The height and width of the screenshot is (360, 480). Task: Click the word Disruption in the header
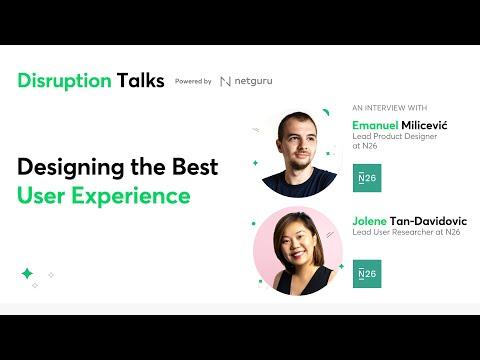click(64, 81)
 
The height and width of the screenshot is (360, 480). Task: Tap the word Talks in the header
click(140, 80)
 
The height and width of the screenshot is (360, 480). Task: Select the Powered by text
click(193, 81)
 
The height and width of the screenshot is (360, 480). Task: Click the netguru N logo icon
click(226, 81)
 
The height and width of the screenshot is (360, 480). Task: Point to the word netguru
click(253, 81)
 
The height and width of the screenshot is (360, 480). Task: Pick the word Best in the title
click(195, 166)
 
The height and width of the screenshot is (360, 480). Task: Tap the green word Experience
click(131, 196)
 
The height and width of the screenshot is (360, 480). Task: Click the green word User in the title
click(41, 195)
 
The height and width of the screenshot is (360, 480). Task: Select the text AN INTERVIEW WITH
click(390, 108)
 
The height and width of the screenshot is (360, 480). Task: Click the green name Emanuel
click(375, 125)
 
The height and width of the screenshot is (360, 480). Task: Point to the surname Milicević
click(424, 125)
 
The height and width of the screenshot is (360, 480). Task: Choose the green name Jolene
click(369, 221)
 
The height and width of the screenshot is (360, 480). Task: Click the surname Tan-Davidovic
click(428, 221)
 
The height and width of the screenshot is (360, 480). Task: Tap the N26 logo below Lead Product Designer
click(367, 178)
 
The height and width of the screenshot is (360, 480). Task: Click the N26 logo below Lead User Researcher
click(367, 274)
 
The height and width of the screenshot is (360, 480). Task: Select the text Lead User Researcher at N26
click(406, 232)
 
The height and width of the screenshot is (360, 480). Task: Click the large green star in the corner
click(27, 273)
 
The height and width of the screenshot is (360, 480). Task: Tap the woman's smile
click(298, 256)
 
